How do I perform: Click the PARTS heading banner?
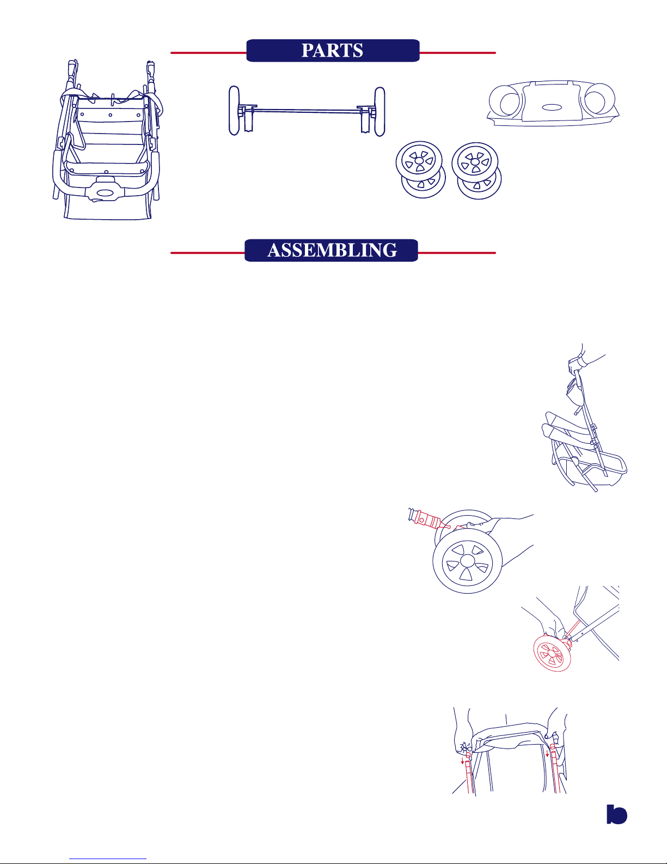click(x=333, y=51)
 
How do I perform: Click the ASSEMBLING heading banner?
click(x=331, y=251)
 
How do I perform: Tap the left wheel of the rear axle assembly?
click(x=234, y=111)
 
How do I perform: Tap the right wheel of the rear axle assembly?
click(x=380, y=112)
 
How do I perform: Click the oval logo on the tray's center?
click(x=552, y=107)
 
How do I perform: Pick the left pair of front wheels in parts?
click(x=420, y=170)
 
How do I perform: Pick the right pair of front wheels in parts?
click(x=476, y=171)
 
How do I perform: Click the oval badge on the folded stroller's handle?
click(x=105, y=193)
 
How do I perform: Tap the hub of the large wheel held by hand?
click(x=467, y=561)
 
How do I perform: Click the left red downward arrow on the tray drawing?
click(x=462, y=760)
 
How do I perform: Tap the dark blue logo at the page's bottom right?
click(x=616, y=814)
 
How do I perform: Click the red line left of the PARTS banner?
click(x=209, y=52)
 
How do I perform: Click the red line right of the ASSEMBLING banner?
click(x=457, y=253)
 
